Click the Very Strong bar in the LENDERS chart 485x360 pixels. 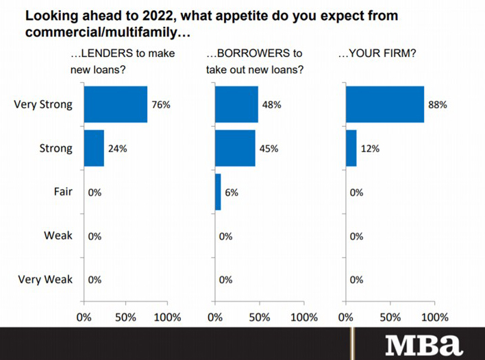[x=115, y=104]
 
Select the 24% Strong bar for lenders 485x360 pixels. [x=94, y=148]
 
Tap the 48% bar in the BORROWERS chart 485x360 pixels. [x=236, y=104]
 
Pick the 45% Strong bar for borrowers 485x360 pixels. [x=235, y=148]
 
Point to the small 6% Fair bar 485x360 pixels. [x=218, y=192]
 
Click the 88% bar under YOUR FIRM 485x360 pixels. [x=385, y=104]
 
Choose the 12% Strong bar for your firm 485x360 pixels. [x=351, y=148]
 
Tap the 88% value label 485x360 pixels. [x=438, y=105]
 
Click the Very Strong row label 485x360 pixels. [x=43, y=105]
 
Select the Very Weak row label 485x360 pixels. [x=45, y=280]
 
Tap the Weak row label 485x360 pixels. [x=58, y=236]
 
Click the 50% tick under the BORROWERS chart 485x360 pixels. [x=258, y=317]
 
